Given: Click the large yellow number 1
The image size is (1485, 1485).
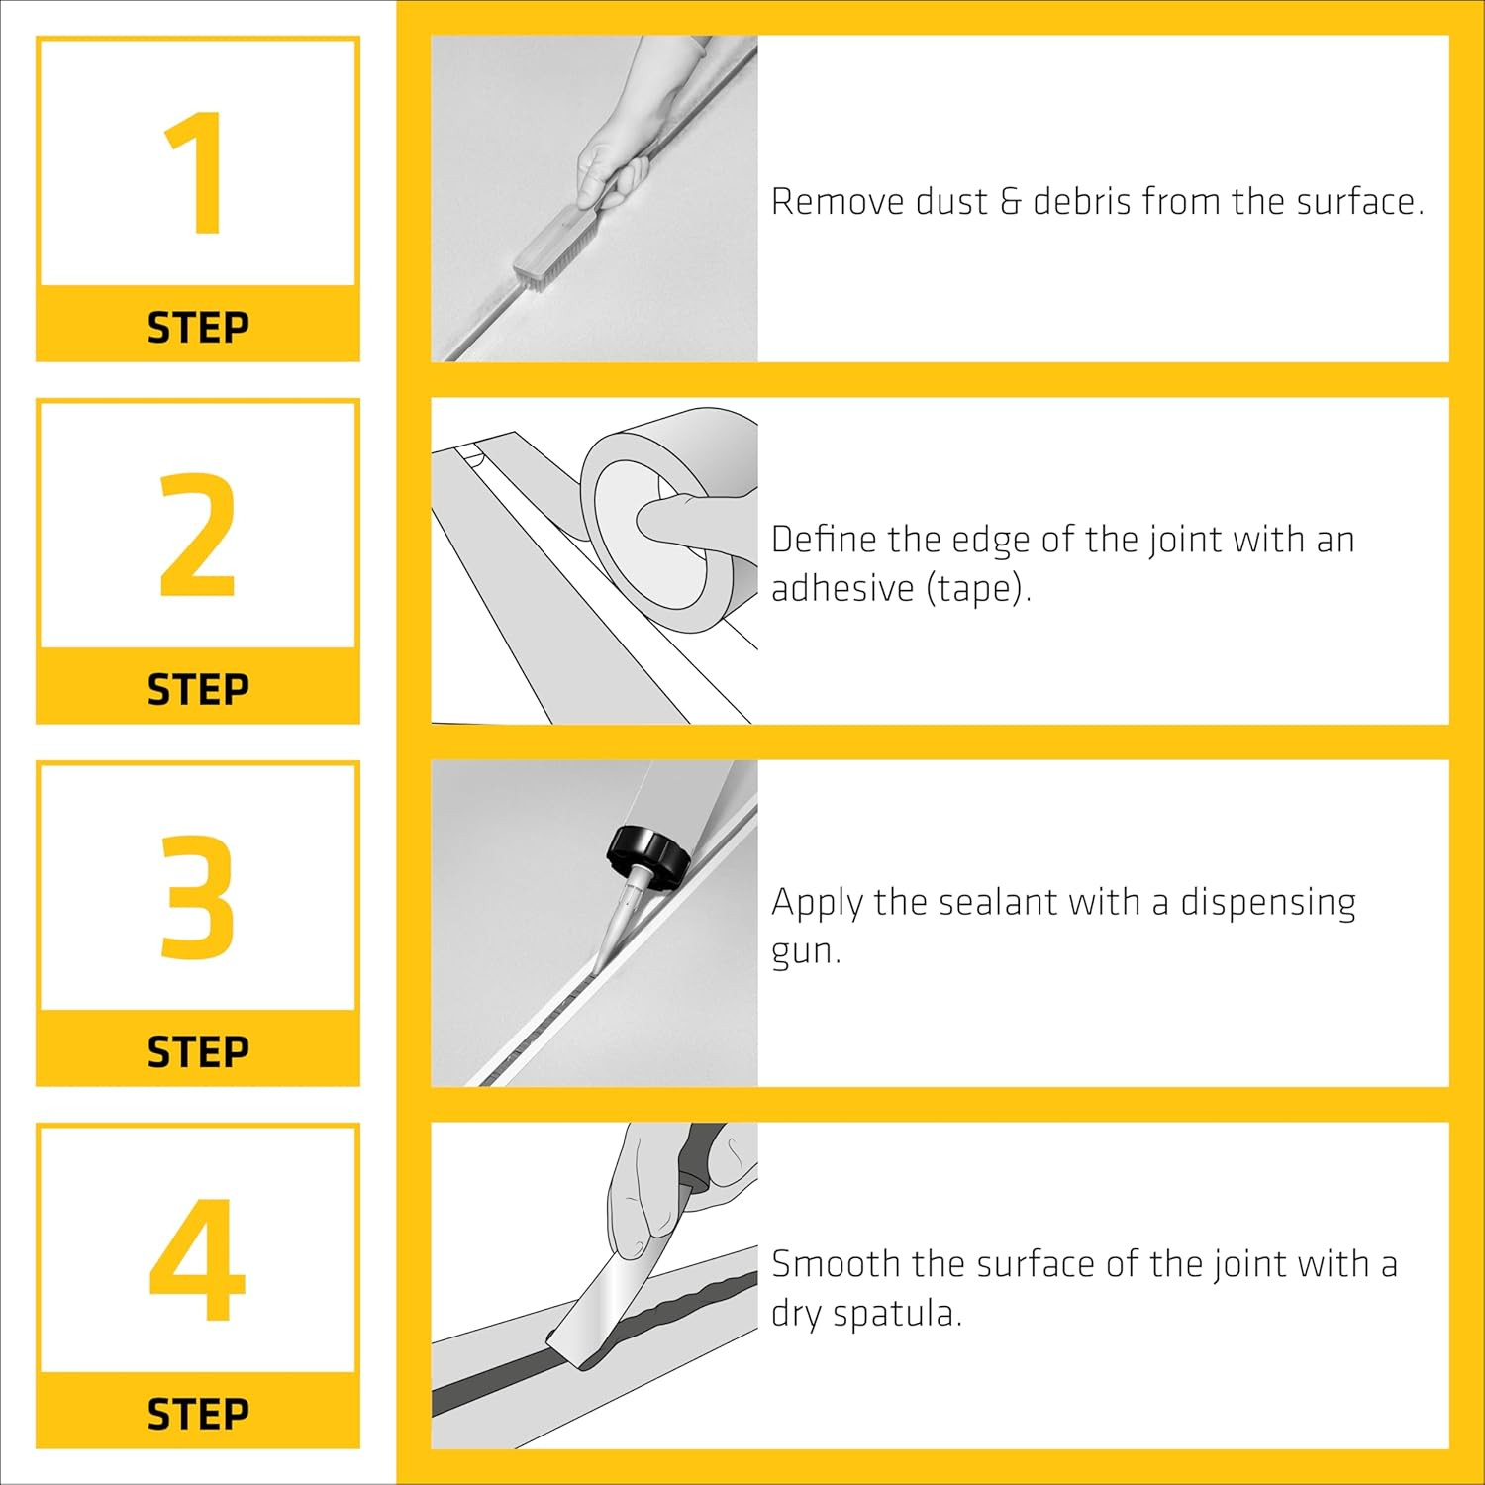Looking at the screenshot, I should (196, 173).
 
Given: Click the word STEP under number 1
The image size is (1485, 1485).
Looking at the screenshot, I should (198, 328).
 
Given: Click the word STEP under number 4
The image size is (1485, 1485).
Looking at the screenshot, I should (198, 1414).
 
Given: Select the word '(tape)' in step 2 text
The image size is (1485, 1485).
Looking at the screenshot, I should (978, 588).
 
